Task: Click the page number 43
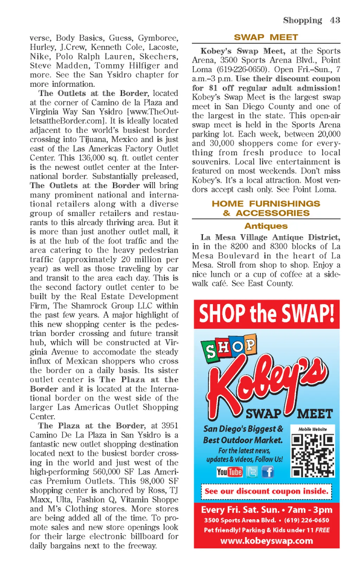coord(335,20)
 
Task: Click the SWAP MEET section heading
coord(266,37)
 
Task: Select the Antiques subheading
coord(266,226)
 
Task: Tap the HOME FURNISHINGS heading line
coord(266,204)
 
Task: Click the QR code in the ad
coord(313,455)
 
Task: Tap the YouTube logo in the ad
coord(230,472)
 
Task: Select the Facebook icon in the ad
coord(268,472)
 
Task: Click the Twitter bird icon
coord(252,472)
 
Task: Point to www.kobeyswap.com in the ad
coord(266,541)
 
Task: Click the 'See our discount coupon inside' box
coord(266,491)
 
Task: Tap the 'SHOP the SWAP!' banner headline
coord(266,314)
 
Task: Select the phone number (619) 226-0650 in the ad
coord(307,520)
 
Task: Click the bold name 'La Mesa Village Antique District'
coord(270,237)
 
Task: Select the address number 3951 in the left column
coord(169,426)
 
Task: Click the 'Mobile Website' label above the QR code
coord(313,429)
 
